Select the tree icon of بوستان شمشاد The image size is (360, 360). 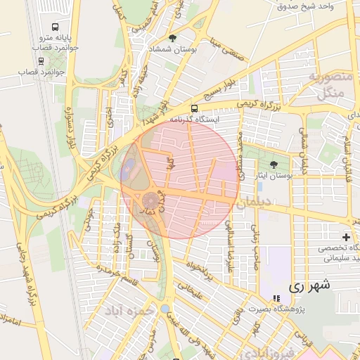tap(173, 38)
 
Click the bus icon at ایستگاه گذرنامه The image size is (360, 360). tap(194, 108)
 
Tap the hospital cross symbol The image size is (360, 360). tap(346, 237)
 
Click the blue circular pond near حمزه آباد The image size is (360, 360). tap(164, 309)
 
